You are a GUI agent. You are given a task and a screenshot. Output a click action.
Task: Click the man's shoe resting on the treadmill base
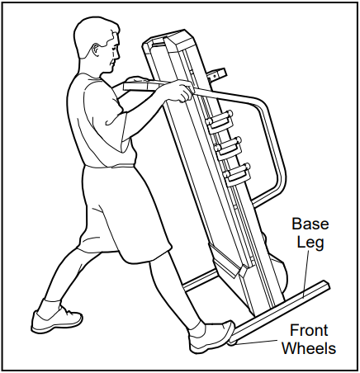point(211,334)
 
